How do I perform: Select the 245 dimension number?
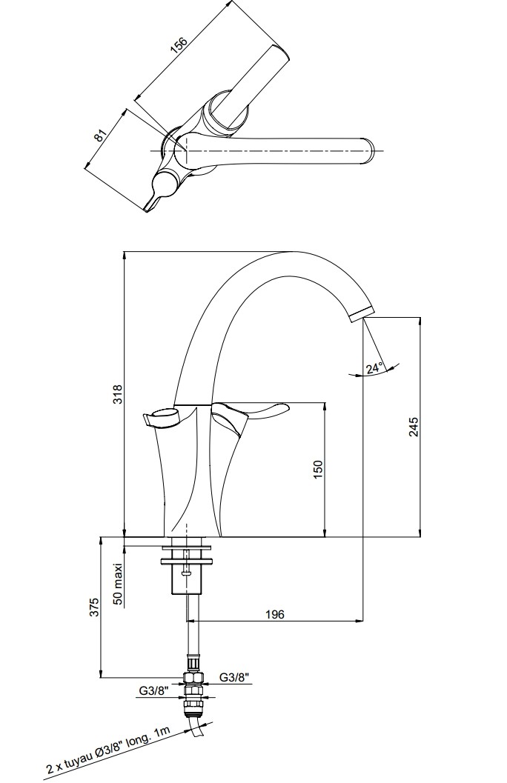coord(414,426)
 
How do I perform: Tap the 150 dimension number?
coord(319,470)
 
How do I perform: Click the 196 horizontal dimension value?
coord(275,614)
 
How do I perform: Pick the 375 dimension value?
coord(95,607)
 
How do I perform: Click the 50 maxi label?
coord(118,582)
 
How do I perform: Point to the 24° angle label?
coord(374,368)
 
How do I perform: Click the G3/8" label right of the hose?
coord(234,678)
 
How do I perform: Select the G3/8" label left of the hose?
coord(153,691)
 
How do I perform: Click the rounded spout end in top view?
coord(368,150)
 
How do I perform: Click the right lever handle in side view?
coord(249,414)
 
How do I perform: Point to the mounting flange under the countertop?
coord(187,561)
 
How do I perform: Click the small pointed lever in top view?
coord(159,190)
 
